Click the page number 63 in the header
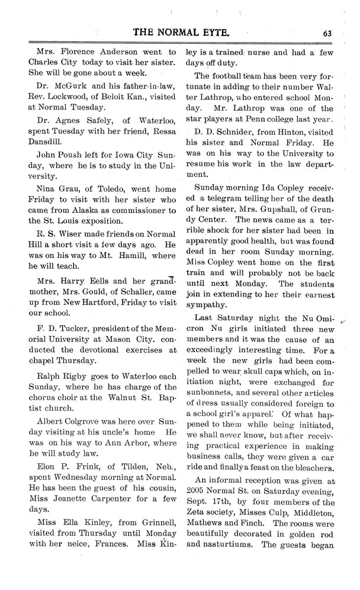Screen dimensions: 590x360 (326, 33)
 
